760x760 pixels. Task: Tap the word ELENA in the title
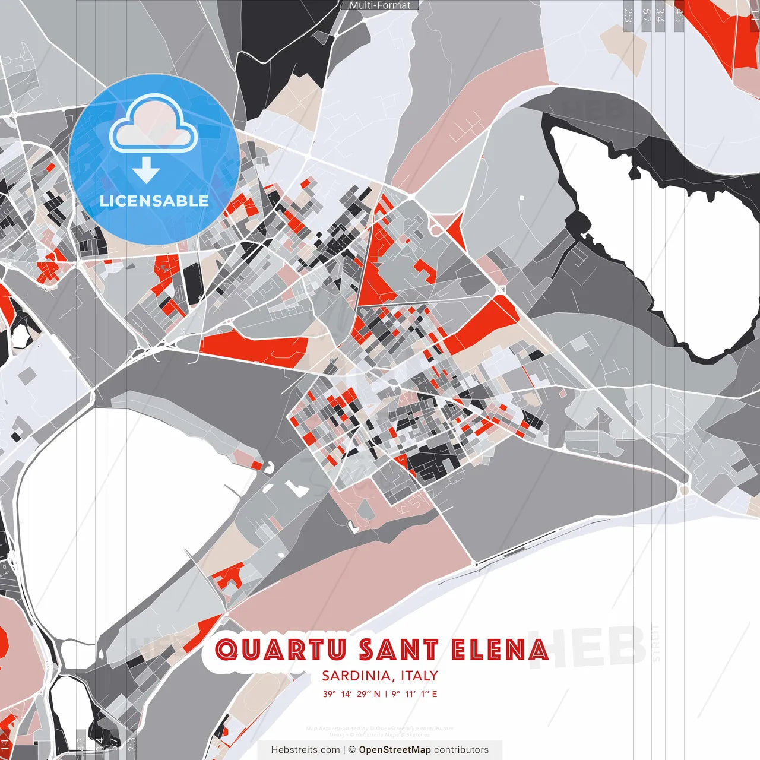[500, 650]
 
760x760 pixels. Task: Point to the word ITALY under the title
[419, 676]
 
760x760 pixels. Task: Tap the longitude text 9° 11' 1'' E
[414, 693]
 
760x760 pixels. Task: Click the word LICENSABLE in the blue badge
[154, 201]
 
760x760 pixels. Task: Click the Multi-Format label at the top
[380, 5]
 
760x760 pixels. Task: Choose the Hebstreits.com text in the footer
[305, 750]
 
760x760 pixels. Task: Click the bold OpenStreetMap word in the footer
[395, 750]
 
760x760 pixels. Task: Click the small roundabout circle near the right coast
[684, 490]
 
